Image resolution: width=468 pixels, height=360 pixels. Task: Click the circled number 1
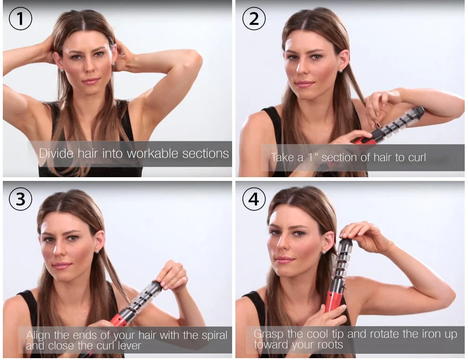coord(20,20)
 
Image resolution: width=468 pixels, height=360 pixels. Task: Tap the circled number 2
coord(254,20)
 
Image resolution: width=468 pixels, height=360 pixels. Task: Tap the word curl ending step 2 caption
coord(417,158)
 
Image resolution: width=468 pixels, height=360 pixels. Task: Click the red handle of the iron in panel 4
coord(333,300)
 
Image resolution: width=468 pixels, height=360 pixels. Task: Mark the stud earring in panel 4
coord(323,252)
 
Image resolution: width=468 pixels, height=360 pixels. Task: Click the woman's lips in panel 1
coord(91,81)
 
